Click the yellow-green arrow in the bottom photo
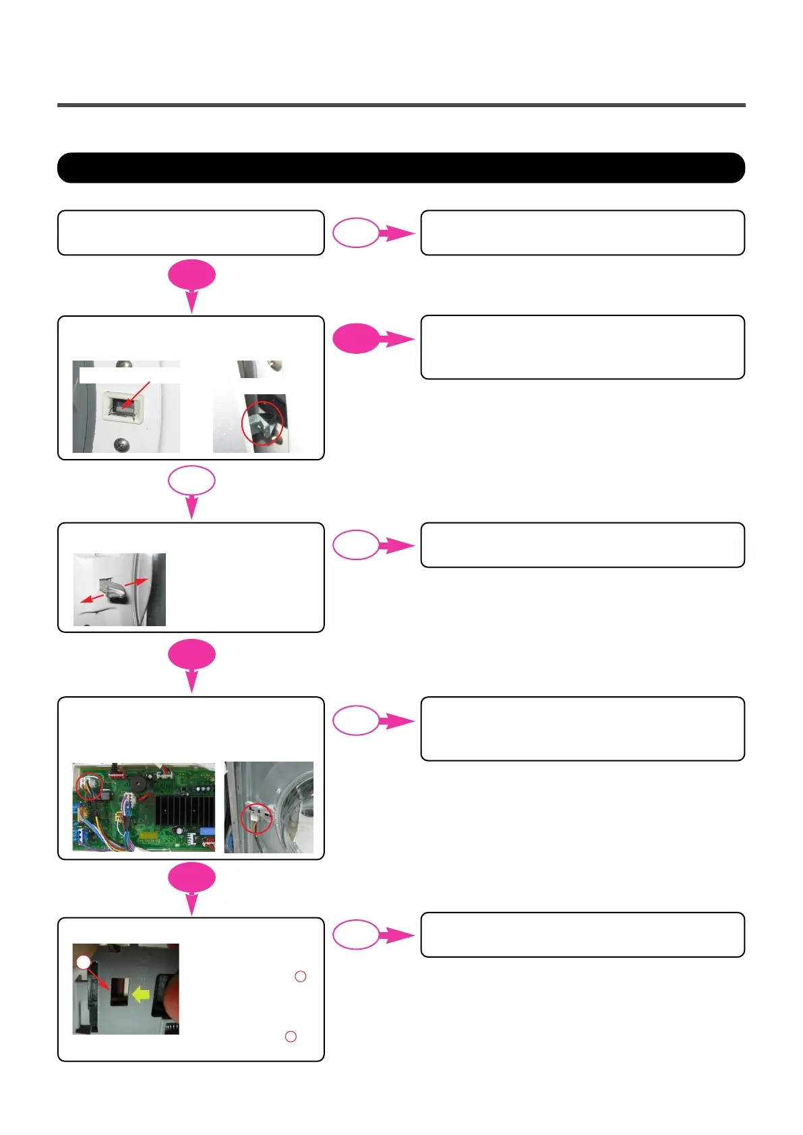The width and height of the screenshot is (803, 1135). [x=140, y=994]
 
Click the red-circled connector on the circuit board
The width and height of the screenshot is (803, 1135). [x=89, y=786]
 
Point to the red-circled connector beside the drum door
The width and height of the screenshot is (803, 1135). [x=256, y=818]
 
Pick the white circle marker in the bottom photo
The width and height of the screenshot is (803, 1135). [x=83, y=962]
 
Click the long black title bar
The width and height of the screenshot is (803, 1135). [x=401, y=168]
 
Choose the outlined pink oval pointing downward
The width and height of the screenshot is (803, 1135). [x=191, y=481]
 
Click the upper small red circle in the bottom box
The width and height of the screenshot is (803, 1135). [x=301, y=976]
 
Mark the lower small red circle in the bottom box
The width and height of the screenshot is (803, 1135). [x=291, y=1037]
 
